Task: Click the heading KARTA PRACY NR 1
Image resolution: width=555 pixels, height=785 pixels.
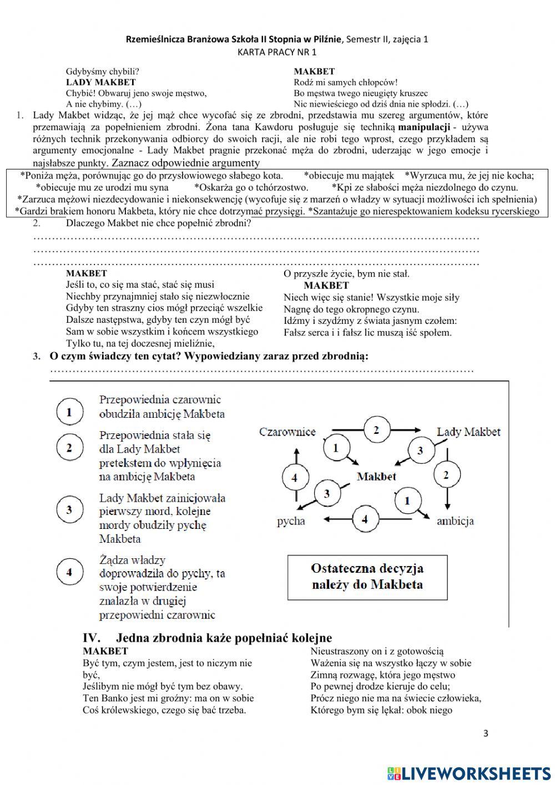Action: coord(277,52)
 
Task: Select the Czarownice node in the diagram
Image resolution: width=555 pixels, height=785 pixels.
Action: coord(287,432)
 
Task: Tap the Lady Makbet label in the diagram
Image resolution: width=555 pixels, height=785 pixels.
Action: coord(468,432)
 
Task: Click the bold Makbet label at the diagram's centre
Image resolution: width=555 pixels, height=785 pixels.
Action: coord(376,476)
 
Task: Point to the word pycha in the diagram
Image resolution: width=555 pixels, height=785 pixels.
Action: coord(291,521)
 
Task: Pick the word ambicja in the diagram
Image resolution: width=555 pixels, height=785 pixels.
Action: coord(455,521)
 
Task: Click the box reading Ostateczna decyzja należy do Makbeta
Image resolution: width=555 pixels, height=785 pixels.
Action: coord(367,576)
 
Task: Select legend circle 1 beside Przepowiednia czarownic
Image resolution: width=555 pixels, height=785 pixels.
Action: coord(69,412)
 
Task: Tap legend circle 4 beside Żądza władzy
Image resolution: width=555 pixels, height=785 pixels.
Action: coord(69,572)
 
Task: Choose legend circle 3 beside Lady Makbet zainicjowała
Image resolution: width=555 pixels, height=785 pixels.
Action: coord(69,509)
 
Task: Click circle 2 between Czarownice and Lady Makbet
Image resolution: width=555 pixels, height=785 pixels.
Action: coord(376,429)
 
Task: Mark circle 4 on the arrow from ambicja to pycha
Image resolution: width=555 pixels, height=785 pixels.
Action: coord(365,519)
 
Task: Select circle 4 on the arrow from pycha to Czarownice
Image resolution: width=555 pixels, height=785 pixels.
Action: coord(295,477)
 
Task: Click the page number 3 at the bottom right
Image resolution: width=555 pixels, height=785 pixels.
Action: coord(486,733)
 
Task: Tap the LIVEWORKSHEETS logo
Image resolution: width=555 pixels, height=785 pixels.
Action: coord(469,773)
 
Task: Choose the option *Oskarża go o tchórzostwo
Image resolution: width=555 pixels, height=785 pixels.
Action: coord(251,187)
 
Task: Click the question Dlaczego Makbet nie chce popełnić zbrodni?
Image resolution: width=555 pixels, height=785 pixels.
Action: coord(158,223)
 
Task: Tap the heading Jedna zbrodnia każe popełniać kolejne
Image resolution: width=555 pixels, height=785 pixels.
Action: coord(224,638)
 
